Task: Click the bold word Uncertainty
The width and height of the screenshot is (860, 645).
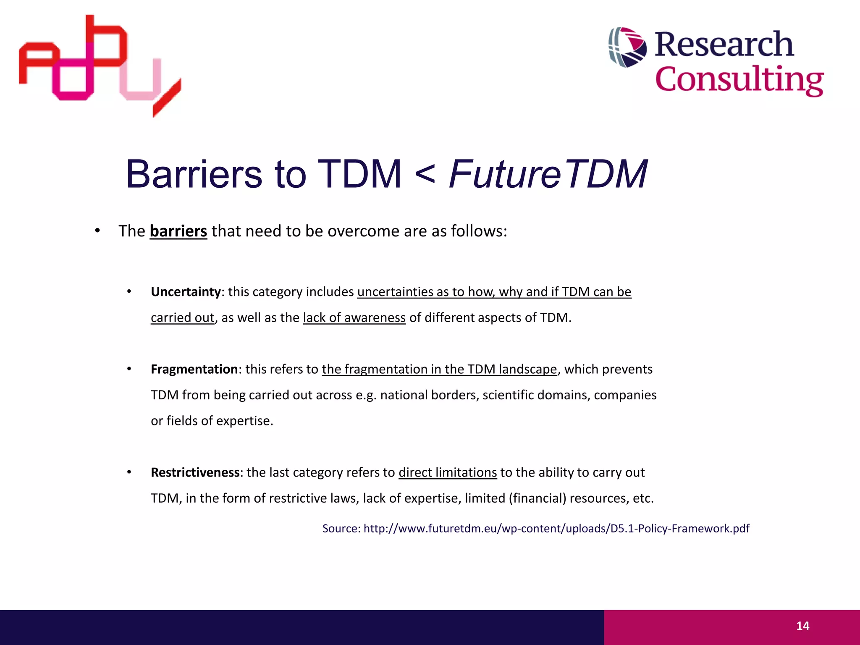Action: tap(186, 292)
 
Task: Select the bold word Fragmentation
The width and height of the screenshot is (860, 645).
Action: tap(194, 369)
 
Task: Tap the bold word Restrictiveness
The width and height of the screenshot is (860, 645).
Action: tap(195, 472)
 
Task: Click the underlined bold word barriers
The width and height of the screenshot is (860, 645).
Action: tap(178, 231)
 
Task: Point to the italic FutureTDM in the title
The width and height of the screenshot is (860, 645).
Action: tap(548, 174)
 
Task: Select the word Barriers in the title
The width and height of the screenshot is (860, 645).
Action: tap(194, 174)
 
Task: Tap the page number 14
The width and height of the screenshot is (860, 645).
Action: tap(802, 626)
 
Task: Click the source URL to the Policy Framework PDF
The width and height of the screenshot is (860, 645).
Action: tap(556, 528)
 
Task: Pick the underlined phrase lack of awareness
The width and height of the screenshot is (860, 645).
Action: tap(354, 318)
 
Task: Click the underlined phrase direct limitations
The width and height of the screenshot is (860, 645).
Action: tap(448, 472)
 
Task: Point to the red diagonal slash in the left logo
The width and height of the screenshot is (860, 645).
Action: tap(167, 98)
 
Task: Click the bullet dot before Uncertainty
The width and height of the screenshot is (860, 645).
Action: tap(129, 291)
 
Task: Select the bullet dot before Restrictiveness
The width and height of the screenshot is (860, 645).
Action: tap(129, 472)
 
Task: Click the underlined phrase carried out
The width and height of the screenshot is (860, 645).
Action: tap(182, 318)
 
